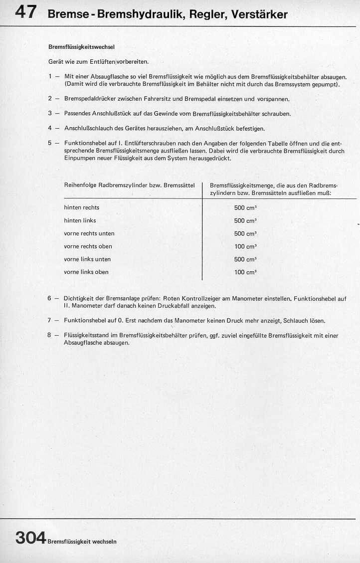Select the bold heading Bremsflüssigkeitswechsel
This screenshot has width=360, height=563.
point(81,47)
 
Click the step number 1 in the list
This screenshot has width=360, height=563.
point(50,77)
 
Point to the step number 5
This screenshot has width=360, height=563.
point(50,143)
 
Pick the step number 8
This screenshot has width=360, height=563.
point(50,336)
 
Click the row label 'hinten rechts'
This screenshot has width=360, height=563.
point(82,207)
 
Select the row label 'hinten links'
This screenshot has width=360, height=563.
point(80,220)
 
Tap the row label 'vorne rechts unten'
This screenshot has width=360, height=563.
point(89,233)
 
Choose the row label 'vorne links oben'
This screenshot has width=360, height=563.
point(86,272)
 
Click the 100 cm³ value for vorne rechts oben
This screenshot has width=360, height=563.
point(245,246)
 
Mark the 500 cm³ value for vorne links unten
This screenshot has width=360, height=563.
point(245,259)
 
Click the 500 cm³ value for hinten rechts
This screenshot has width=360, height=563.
point(245,207)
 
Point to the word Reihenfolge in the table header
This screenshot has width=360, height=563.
point(80,185)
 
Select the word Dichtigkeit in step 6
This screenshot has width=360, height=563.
point(78,299)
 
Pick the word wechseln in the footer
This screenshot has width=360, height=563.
point(105,541)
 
